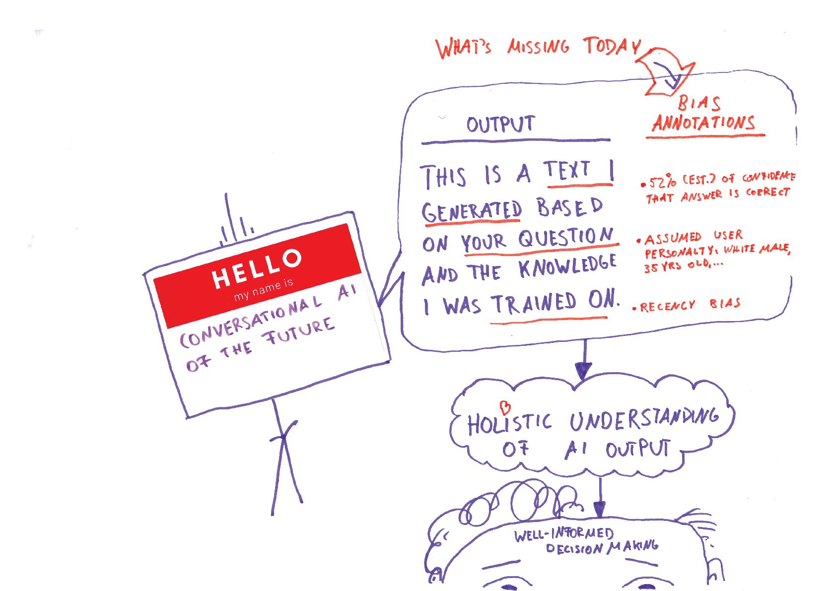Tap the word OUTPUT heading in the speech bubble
click(x=500, y=124)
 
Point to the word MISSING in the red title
click(x=538, y=47)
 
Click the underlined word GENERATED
click(x=472, y=212)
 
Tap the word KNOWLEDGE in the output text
click(x=567, y=267)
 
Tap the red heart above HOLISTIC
click(x=505, y=408)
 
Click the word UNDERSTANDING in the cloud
click(x=643, y=420)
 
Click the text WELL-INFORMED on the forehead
click(x=563, y=534)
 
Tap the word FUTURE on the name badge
click(x=300, y=331)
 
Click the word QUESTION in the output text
click(x=565, y=239)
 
